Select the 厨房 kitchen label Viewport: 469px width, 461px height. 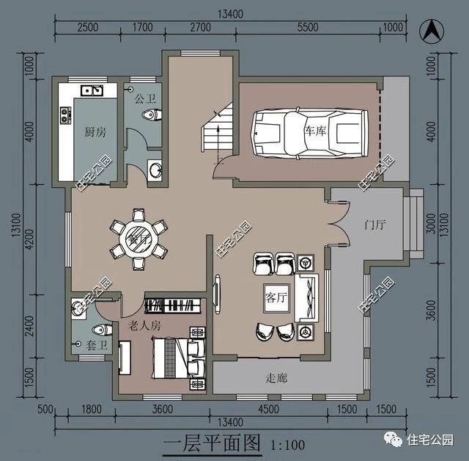(x=95, y=132)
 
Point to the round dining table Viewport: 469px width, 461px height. (x=138, y=239)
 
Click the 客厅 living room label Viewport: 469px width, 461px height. (x=275, y=297)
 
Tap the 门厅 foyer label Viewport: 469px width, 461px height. (x=374, y=225)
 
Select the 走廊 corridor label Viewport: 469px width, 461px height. (x=276, y=378)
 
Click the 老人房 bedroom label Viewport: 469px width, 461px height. (x=144, y=324)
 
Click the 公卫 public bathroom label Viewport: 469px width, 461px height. (x=144, y=97)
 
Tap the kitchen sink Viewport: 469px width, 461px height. (x=92, y=91)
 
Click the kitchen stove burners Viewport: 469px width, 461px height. (x=65, y=115)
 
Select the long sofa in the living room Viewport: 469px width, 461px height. (x=308, y=298)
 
